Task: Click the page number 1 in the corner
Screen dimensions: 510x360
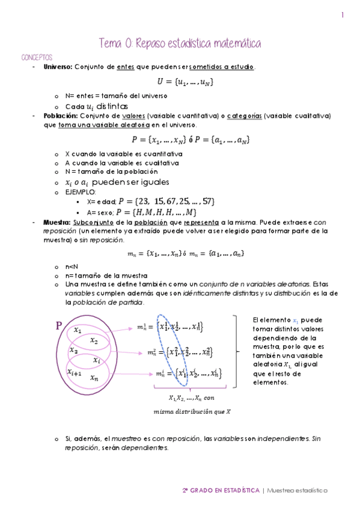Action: pos(343,16)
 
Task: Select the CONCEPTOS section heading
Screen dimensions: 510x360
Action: pos(37,57)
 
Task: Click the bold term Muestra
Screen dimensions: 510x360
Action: pos(55,222)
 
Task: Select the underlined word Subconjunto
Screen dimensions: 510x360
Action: pos(94,222)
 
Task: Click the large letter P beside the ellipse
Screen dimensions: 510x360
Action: pos(59,327)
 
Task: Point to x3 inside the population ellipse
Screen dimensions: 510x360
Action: pos(73,351)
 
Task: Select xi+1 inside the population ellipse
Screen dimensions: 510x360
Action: pos(75,372)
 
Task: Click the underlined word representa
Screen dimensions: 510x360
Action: pos(202,222)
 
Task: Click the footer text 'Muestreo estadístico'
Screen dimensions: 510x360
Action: pos(297,490)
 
